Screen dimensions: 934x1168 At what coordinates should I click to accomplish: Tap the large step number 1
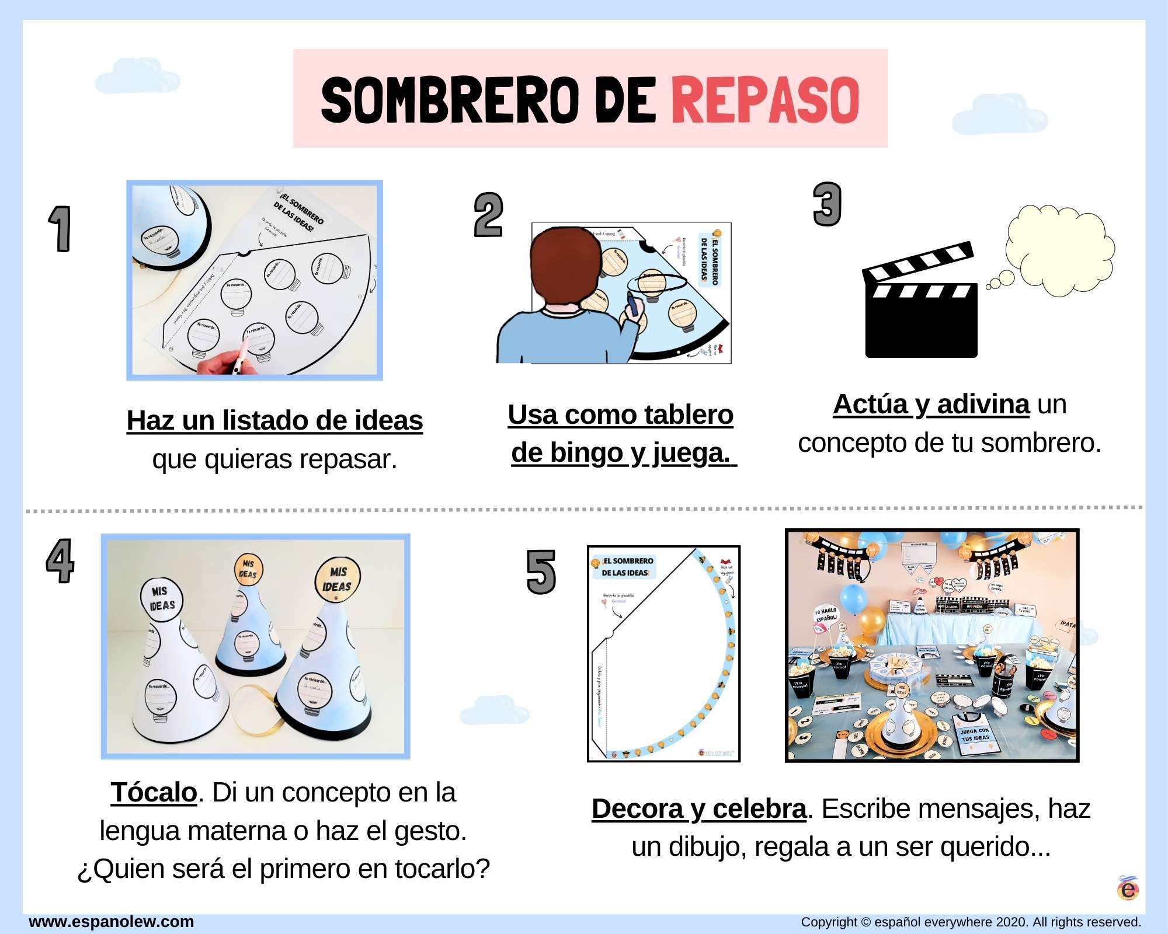click(x=60, y=229)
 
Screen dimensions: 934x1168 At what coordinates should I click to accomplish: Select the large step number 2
click(x=488, y=215)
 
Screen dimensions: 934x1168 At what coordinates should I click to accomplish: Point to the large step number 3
click(x=827, y=204)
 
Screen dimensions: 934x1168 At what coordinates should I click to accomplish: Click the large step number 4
click(x=60, y=560)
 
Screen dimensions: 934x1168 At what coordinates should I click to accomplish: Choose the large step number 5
click(x=541, y=572)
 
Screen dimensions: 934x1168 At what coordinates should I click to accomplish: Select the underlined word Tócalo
click(x=154, y=793)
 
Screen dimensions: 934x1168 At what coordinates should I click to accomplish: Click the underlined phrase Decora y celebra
click(x=698, y=809)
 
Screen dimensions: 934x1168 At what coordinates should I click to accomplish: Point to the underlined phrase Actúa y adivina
click(x=931, y=405)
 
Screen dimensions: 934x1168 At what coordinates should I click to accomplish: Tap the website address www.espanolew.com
click(x=112, y=922)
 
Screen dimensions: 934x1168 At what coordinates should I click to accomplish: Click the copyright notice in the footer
click(x=971, y=922)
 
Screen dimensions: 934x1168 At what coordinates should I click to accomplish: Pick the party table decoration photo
click(x=932, y=646)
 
